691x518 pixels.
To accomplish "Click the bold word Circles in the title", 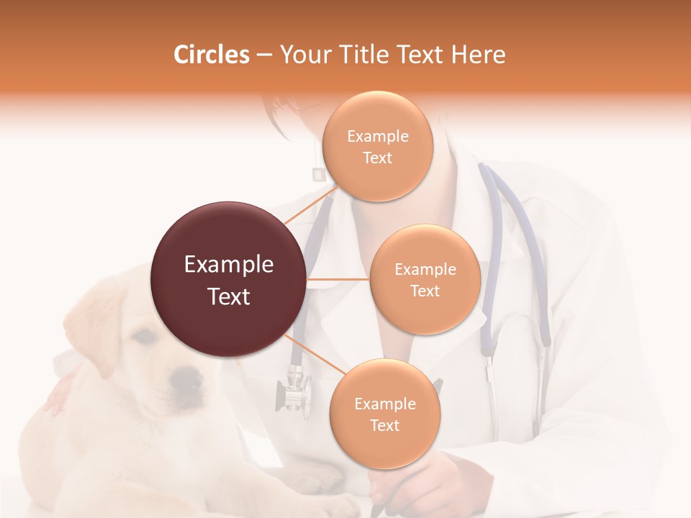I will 211,55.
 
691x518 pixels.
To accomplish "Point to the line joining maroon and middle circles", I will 338,279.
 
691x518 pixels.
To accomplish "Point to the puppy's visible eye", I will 143,335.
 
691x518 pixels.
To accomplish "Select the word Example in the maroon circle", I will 229,265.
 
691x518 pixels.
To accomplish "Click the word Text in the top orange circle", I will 377,158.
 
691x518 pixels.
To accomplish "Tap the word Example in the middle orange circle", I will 425,270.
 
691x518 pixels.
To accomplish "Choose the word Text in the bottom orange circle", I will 384,425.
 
